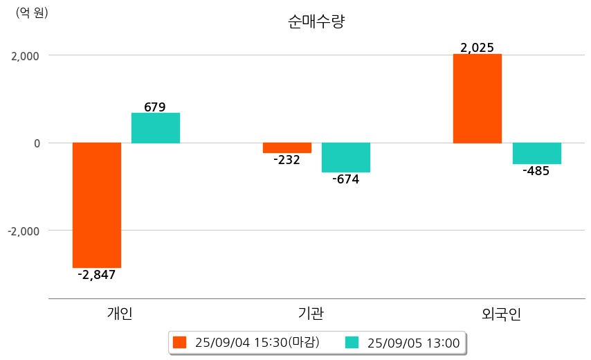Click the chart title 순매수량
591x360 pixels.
316,21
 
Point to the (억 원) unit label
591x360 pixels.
32,12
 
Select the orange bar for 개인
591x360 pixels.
97,205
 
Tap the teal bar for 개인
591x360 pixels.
156,128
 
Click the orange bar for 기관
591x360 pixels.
287,147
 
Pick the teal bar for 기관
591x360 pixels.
346,157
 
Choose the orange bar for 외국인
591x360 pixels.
478,98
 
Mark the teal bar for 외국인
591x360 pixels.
537,153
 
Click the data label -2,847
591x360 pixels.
97,275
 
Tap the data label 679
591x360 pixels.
155,107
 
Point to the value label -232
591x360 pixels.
287,160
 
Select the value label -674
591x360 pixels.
346,179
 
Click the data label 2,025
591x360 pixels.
477,48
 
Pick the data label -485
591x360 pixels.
536,171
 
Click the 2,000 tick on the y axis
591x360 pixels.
25,55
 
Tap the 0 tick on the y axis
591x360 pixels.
37,143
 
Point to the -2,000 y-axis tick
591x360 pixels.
24,231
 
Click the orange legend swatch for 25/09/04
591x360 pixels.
180,342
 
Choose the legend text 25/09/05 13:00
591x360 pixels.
412,342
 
